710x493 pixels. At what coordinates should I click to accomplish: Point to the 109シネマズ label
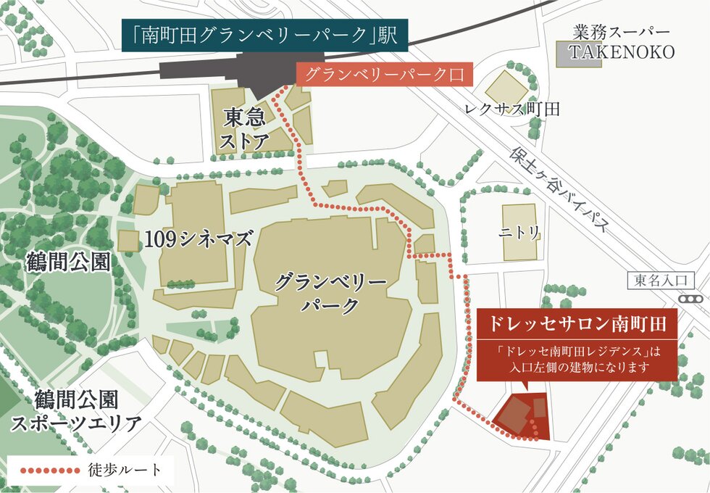click(x=198, y=238)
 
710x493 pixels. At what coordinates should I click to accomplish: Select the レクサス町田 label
click(x=514, y=109)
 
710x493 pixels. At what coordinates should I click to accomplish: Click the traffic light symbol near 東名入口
click(x=691, y=299)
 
